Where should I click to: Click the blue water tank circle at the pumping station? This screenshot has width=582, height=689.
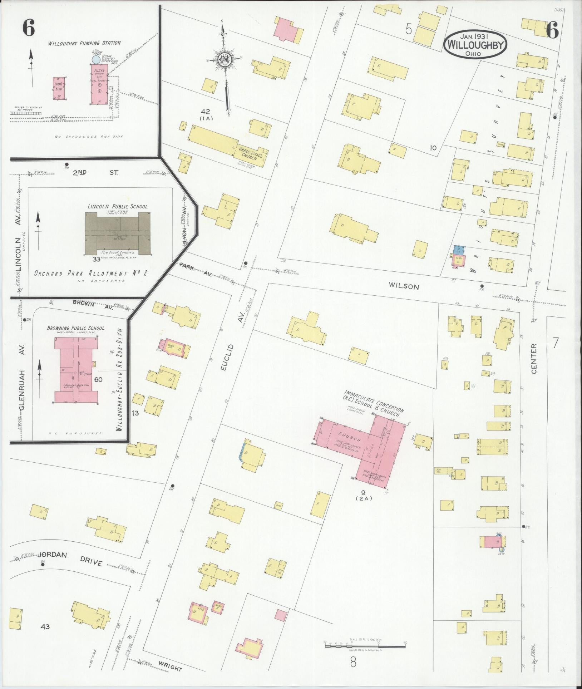pos(96,59)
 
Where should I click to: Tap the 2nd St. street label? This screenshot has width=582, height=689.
pos(95,173)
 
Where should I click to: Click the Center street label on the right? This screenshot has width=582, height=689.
pos(534,359)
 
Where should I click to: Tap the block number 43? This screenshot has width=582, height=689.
pos(45,627)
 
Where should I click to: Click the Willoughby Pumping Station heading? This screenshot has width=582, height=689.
pos(85,43)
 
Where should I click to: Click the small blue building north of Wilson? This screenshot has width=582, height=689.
pos(459,250)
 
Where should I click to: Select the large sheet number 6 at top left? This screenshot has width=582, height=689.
pos(28,29)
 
